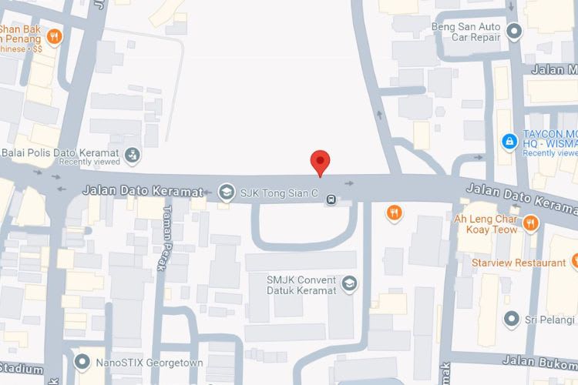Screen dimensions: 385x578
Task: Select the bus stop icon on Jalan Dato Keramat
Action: point(331,199)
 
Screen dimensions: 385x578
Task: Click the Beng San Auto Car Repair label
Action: point(465,32)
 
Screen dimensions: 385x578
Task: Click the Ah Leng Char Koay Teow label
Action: point(488,223)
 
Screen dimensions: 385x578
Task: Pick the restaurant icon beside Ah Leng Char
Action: point(530,223)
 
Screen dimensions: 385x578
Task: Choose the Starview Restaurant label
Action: point(519,263)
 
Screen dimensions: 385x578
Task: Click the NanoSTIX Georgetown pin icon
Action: point(82,361)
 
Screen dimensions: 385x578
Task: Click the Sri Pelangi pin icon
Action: point(510,319)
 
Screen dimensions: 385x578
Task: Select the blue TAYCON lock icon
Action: point(508,142)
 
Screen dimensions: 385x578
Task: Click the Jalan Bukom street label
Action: point(539,360)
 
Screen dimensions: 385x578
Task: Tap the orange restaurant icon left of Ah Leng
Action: point(394,213)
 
